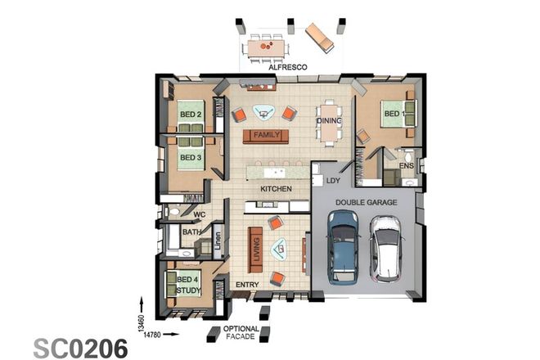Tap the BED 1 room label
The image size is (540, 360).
pos(394,114)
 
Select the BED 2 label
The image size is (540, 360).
pos(191,115)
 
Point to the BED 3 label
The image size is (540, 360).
pos(191,157)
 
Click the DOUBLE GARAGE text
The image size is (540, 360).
pos(366,200)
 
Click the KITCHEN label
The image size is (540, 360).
pos(276,189)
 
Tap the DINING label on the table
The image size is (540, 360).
pos(329,121)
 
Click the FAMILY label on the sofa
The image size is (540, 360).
pos(267,134)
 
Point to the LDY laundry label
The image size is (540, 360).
pos(333,179)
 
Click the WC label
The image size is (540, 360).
pos(199,216)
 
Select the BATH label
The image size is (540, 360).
pos(191,232)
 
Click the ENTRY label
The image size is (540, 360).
pos(247,285)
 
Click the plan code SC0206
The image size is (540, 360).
pos(80,348)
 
